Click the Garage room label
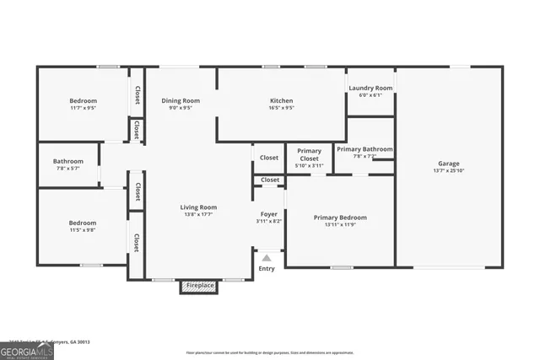(448, 164)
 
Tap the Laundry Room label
(370, 88)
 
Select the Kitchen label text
(281, 101)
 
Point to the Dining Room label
(181, 101)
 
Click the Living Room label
(198, 207)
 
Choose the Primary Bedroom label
(340, 218)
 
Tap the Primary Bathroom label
(364, 149)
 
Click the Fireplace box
(199, 287)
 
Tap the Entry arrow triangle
(267, 258)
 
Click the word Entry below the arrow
(267, 269)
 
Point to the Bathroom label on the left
(68, 161)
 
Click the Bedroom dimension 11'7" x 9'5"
(83, 108)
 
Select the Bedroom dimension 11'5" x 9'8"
(82, 230)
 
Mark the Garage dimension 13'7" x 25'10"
(448, 170)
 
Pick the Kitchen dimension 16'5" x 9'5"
(281, 108)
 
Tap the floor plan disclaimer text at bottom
(270, 352)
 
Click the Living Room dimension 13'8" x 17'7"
(198, 214)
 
